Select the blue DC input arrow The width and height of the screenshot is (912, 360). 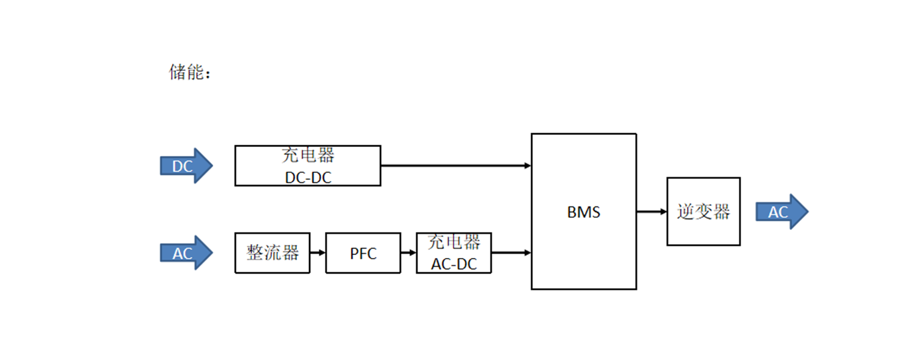(x=185, y=166)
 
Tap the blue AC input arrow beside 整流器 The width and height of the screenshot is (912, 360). (x=185, y=253)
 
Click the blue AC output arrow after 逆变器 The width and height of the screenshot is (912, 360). (x=781, y=212)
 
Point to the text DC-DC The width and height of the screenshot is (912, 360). (x=308, y=177)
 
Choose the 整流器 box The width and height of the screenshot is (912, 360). (x=272, y=253)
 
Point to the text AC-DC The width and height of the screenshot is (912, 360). (x=454, y=263)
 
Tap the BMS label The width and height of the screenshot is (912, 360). (x=583, y=212)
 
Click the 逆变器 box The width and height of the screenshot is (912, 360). (x=703, y=211)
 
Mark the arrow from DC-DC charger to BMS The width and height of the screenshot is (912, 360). (x=456, y=166)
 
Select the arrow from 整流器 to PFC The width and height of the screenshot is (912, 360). (x=318, y=253)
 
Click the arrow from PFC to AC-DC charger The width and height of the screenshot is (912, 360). (x=409, y=253)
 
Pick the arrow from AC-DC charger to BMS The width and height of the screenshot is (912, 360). (x=511, y=253)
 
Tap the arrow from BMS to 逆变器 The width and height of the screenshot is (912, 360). (x=652, y=211)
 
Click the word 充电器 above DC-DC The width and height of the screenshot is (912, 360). (x=308, y=155)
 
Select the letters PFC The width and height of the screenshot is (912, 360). (x=363, y=253)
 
